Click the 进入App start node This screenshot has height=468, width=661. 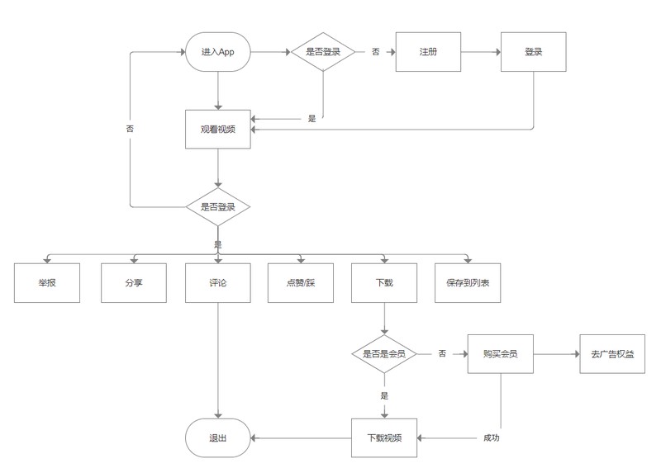(218, 52)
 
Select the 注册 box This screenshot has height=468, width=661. (428, 52)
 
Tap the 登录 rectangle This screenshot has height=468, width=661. (533, 52)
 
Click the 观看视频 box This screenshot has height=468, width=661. (218, 130)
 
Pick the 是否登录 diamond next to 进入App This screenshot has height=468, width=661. (323, 52)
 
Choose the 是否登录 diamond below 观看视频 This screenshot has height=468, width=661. (218, 207)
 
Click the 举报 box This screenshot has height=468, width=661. (47, 283)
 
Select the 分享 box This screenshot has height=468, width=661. (134, 283)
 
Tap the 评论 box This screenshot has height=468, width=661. (218, 283)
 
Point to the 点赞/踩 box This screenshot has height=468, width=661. (301, 283)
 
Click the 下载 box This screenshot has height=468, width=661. (384, 283)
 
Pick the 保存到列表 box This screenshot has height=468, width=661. (468, 283)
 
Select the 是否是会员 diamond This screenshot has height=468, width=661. (384, 354)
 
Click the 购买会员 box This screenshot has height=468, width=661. (501, 354)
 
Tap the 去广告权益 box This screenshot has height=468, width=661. (612, 354)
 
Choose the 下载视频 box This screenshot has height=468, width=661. (384, 438)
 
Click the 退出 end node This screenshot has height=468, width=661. (218, 438)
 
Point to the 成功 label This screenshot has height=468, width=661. (491, 438)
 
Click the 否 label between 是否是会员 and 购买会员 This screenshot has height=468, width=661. (442, 353)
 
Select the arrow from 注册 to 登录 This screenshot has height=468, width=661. (481, 52)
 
